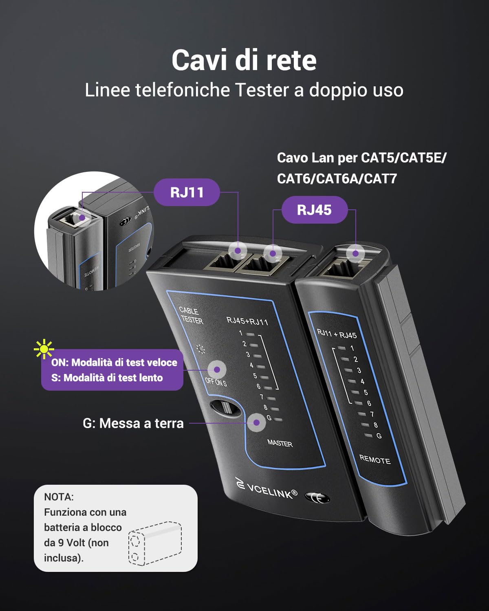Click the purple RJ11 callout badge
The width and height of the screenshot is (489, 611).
tap(187, 192)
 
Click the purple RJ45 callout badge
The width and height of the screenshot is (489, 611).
tap(314, 210)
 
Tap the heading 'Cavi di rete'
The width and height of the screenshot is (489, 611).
tap(244, 60)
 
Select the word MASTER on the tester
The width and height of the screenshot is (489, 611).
tap(280, 443)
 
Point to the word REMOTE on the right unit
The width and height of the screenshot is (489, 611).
tap(375, 459)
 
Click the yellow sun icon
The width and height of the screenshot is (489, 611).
tap(44, 349)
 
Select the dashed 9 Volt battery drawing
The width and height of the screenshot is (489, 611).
tap(155, 543)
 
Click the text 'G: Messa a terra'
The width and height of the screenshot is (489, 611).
tap(133, 423)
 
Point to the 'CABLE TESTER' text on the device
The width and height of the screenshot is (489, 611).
tap(191, 316)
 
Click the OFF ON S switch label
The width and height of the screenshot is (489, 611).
tap(216, 382)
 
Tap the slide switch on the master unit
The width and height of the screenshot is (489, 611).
tap(225, 408)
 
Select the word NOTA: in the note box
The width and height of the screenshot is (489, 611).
tap(59, 497)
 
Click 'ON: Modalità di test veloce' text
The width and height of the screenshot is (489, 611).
tap(114, 363)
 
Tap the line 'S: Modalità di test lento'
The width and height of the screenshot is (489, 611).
tap(107, 378)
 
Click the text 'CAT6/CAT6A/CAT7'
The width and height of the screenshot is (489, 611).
tap(337, 178)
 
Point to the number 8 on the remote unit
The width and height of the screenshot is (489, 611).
tap(375, 425)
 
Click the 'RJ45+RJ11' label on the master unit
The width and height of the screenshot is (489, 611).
tap(247, 321)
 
